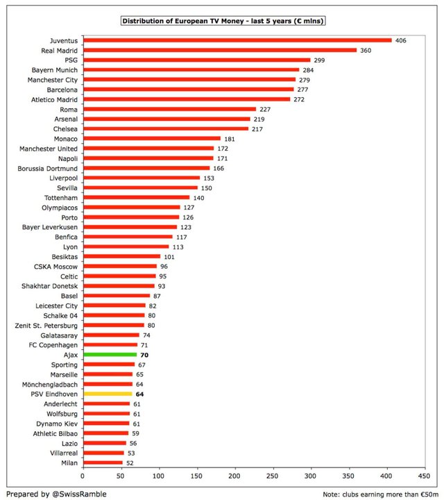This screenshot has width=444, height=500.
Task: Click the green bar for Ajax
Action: (x=110, y=355)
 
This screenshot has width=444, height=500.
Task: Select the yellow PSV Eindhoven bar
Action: (x=108, y=394)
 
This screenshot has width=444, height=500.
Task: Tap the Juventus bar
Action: (x=237, y=40)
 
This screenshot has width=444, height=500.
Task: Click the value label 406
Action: (x=401, y=40)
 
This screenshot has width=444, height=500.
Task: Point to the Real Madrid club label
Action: (x=59, y=51)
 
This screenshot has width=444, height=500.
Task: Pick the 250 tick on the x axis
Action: (x=273, y=476)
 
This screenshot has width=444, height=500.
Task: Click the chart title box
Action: (x=223, y=21)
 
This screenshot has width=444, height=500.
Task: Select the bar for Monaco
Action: (x=152, y=138)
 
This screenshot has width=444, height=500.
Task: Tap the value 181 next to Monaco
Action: (x=230, y=139)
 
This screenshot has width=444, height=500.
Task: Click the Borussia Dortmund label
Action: (x=47, y=168)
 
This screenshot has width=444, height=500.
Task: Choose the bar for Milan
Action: (x=103, y=462)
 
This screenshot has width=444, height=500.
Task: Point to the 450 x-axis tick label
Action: (x=424, y=476)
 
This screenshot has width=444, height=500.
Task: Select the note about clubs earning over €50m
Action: (x=380, y=494)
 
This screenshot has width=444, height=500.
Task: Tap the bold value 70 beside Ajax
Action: (x=144, y=355)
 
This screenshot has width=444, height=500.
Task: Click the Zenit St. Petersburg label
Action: (x=46, y=326)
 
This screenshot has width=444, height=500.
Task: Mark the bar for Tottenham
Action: (x=136, y=197)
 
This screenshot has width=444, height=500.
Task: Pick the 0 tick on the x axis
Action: (x=83, y=476)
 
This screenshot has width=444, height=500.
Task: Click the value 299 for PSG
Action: (x=319, y=60)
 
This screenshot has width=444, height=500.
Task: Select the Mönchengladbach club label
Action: (x=50, y=385)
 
